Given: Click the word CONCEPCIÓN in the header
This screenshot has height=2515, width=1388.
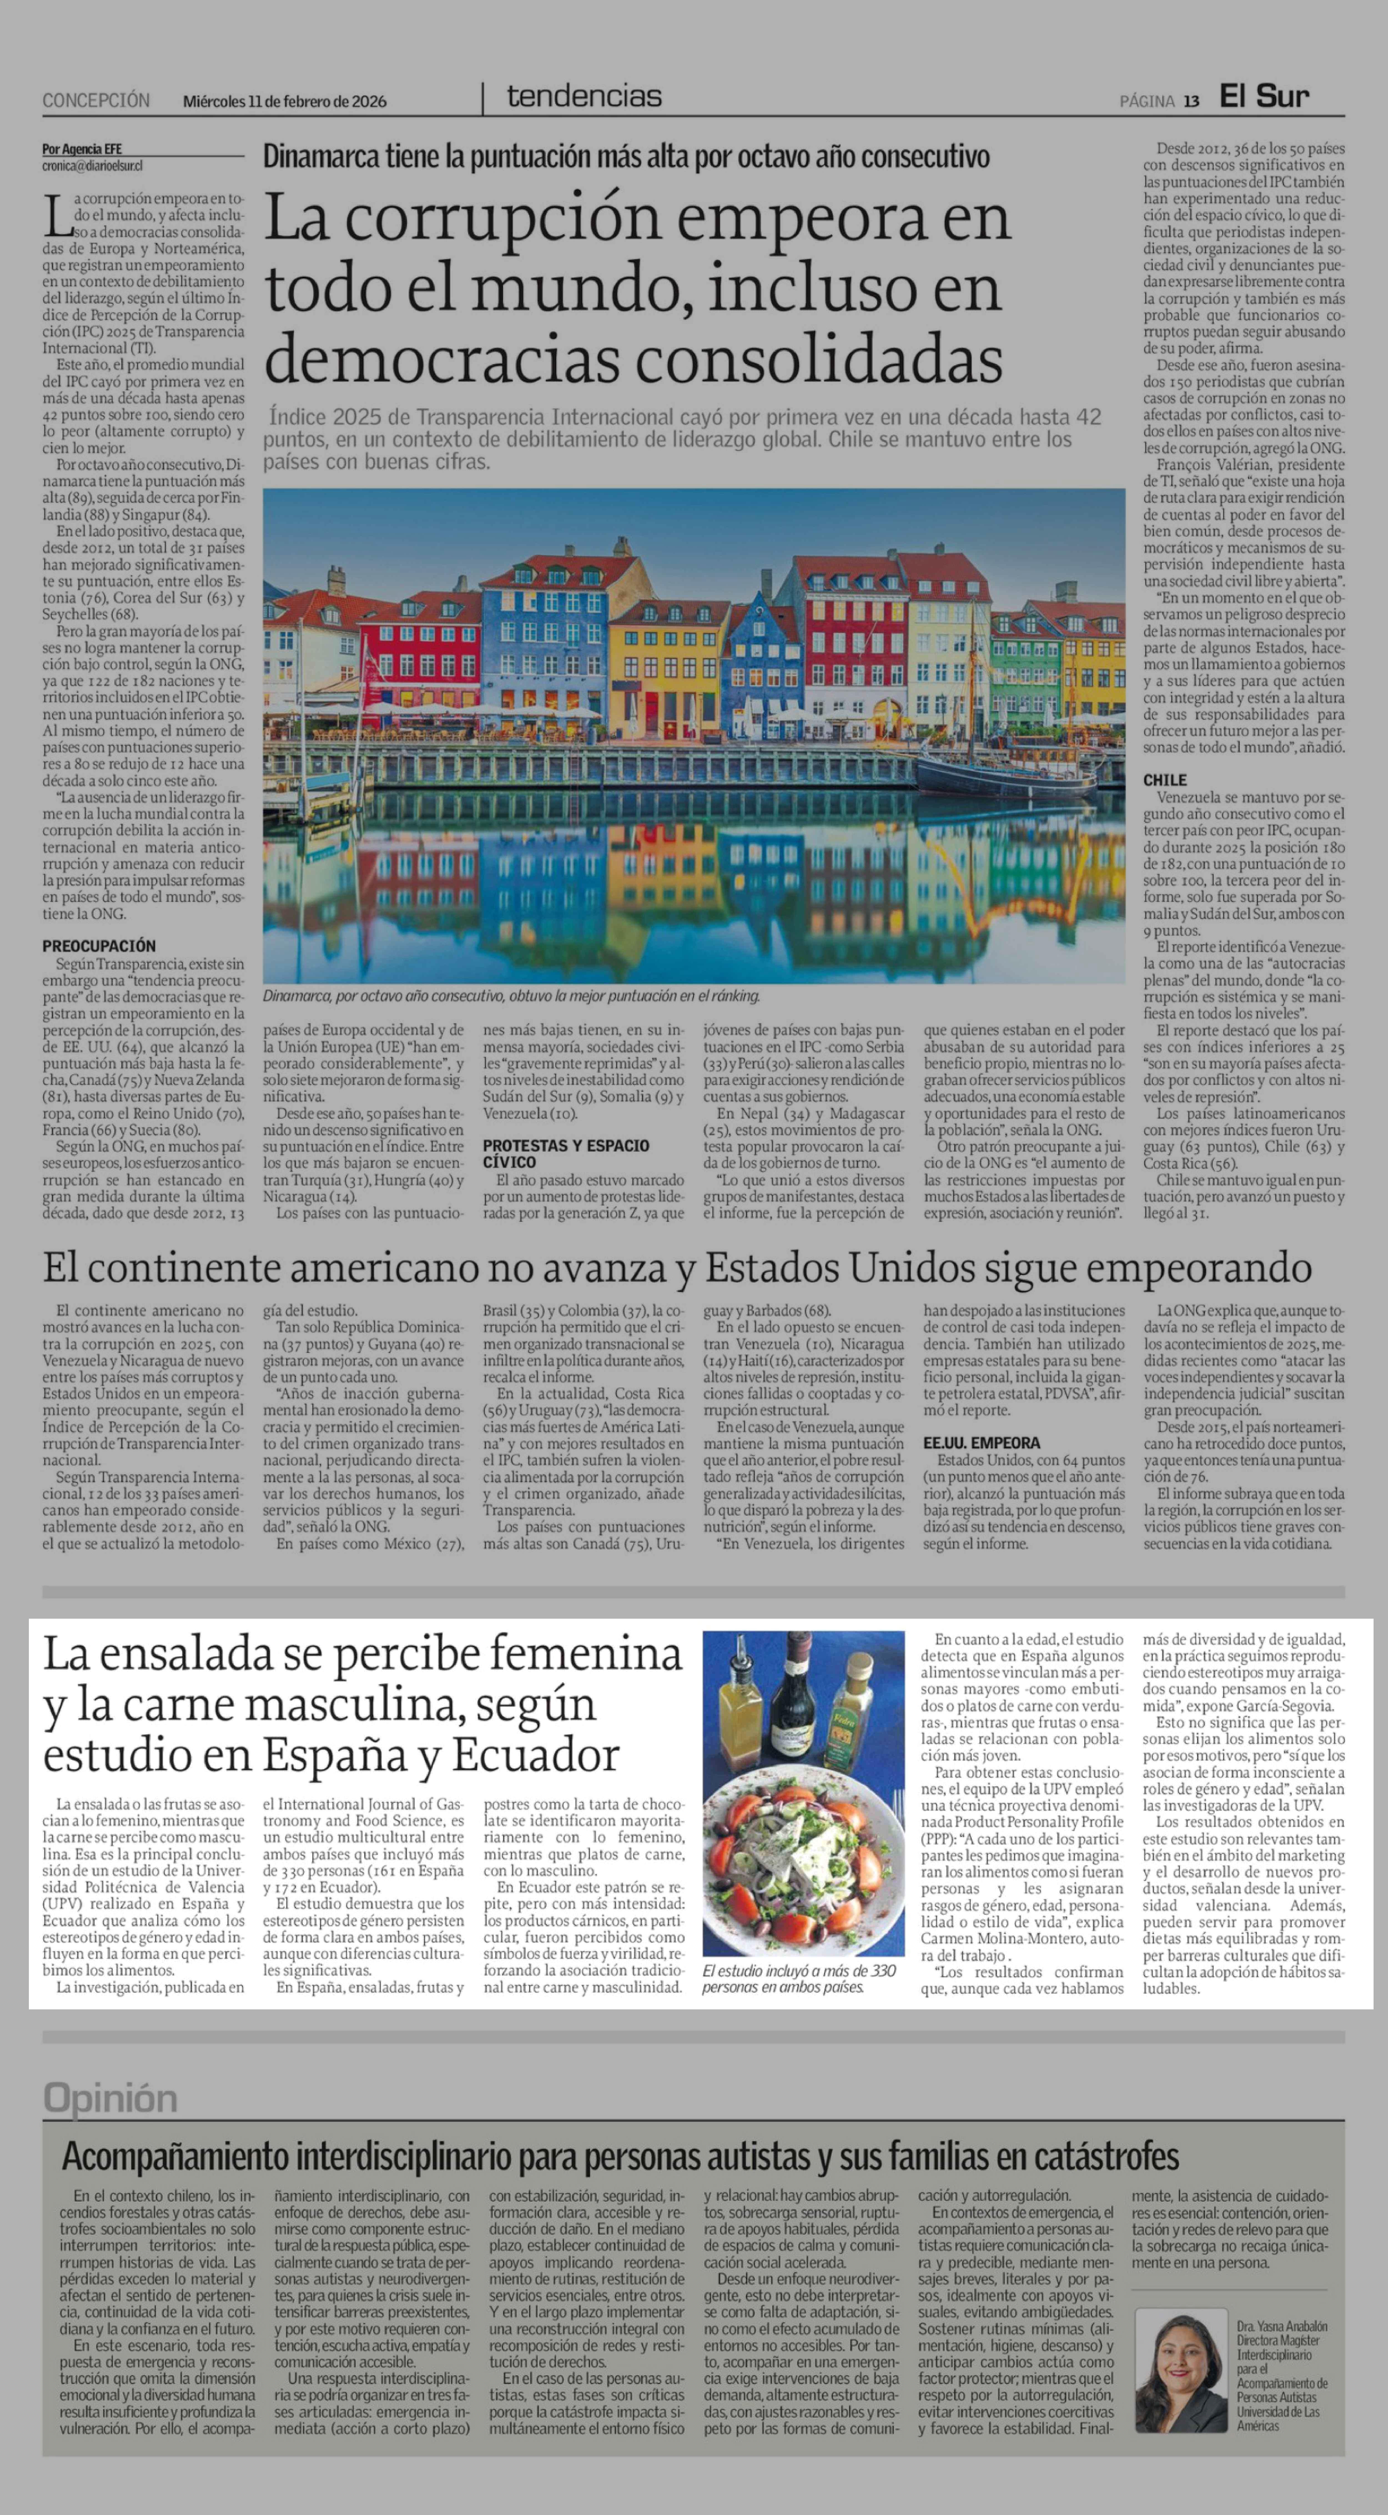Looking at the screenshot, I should [96, 100].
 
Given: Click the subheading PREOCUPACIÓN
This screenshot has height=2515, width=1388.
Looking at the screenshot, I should [99, 945].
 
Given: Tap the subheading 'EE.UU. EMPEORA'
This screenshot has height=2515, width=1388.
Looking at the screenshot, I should [982, 1442].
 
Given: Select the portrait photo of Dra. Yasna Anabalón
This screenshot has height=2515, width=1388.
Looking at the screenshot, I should [1180, 2370].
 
